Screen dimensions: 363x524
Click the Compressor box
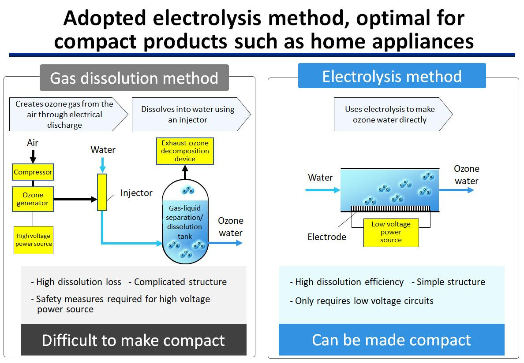click(x=33, y=172)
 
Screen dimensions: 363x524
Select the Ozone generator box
click(x=33, y=199)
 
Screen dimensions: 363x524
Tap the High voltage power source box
click(x=34, y=240)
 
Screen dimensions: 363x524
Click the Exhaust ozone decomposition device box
click(x=185, y=151)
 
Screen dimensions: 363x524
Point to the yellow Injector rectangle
click(x=102, y=192)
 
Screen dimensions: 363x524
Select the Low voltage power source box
click(x=391, y=232)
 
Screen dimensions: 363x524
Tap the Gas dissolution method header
click(x=134, y=78)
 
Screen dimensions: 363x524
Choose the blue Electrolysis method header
click(x=392, y=76)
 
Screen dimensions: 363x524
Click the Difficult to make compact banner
click(x=134, y=340)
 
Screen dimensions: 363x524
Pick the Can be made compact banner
click(x=391, y=340)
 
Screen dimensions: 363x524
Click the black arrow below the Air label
click(x=33, y=156)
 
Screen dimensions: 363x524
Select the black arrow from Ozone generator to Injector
click(x=75, y=199)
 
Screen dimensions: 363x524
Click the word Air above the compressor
click(x=33, y=143)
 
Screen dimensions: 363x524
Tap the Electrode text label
click(x=327, y=237)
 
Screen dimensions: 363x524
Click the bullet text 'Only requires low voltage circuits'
click(x=364, y=301)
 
